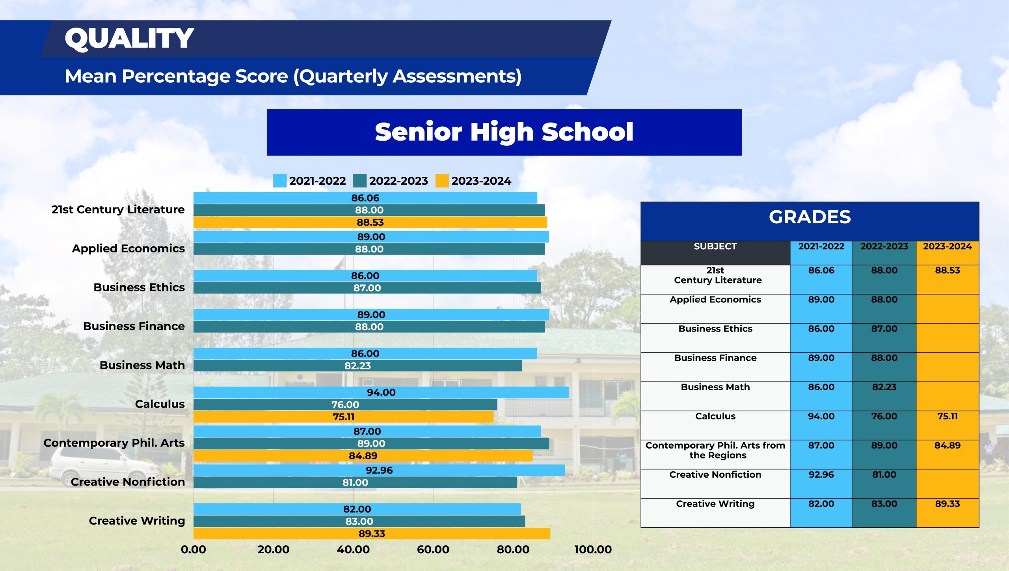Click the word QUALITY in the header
[x=129, y=39]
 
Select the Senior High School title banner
[x=504, y=132]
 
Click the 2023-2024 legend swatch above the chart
[x=442, y=181]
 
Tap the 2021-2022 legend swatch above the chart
[x=280, y=181]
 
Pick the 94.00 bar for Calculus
[x=381, y=392]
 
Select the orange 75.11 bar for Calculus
[x=343, y=417]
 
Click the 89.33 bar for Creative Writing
[x=372, y=534]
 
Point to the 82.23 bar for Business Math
[x=357, y=365]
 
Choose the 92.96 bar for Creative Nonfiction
[x=379, y=470]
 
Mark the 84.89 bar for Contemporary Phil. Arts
[x=363, y=456]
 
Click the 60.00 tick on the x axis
[x=433, y=549]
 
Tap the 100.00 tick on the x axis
[x=593, y=549]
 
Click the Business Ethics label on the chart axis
[x=139, y=287]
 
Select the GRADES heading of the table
[x=810, y=217]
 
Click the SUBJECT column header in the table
[x=715, y=247]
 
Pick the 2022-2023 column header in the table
[x=884, y=247]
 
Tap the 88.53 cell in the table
[x=948, y=271]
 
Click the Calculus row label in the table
[x=715, y=416]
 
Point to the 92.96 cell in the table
[x=821, y=475]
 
